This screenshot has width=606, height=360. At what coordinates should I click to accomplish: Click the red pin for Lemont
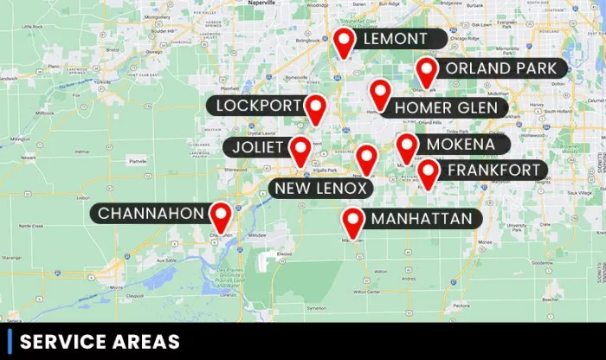(345, 41)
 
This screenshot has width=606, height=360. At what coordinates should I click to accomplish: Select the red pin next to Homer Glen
(379, 93)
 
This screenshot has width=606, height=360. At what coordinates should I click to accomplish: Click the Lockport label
(255, 106)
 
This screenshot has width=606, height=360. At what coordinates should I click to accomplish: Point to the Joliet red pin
(300, 150)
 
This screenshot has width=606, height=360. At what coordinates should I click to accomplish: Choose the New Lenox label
(321, 188)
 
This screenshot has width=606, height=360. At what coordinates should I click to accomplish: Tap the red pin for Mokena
(407, 146)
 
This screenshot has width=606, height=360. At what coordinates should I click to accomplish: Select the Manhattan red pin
(351, 222)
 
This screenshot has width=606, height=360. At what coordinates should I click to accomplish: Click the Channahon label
(151, 213)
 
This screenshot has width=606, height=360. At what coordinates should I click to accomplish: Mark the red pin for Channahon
(222, 215)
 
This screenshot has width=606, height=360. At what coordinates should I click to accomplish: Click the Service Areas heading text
(100, 342)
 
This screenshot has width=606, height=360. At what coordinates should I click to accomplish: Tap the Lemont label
(396, 39)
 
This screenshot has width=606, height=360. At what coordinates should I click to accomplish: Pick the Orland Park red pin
(426, 72)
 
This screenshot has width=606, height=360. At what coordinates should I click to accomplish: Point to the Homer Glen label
(446, 108)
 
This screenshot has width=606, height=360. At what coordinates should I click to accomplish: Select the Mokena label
(461, 145)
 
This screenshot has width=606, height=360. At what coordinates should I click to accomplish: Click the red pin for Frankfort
(428, 172)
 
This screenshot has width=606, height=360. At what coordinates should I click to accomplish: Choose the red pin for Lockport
(315, 108)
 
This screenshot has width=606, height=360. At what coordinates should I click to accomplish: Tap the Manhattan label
(422, 219)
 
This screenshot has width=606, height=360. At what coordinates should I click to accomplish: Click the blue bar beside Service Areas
(9, 342)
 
